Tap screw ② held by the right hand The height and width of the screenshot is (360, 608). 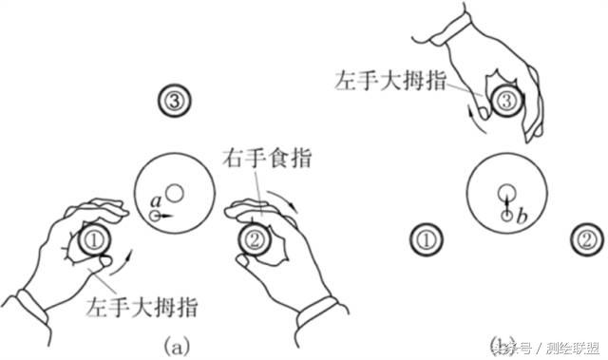(254, 239)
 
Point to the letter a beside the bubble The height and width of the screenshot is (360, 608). (156, 200)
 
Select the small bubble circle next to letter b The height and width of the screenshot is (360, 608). (507, 217)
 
